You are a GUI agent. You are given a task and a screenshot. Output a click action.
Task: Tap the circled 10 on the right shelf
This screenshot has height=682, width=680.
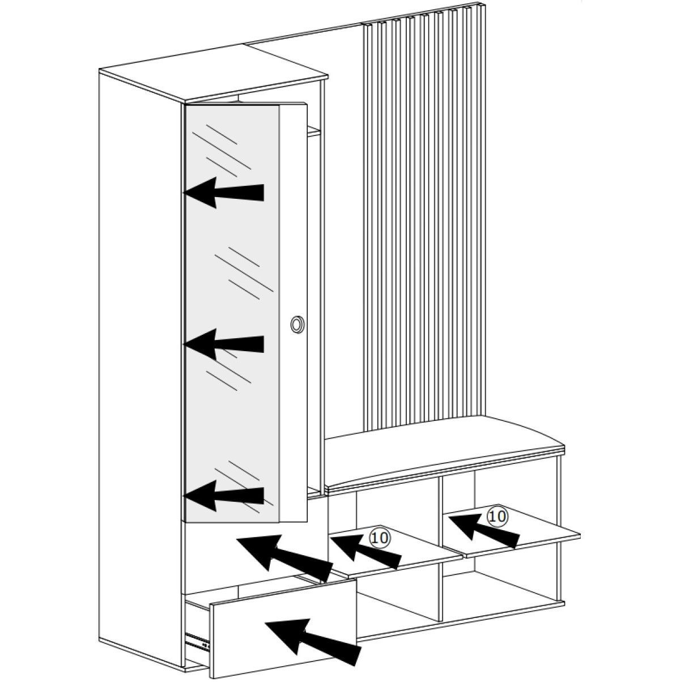[x=497, y=515]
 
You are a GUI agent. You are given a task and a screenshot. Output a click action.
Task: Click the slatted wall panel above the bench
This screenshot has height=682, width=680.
[x=419, y=227]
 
